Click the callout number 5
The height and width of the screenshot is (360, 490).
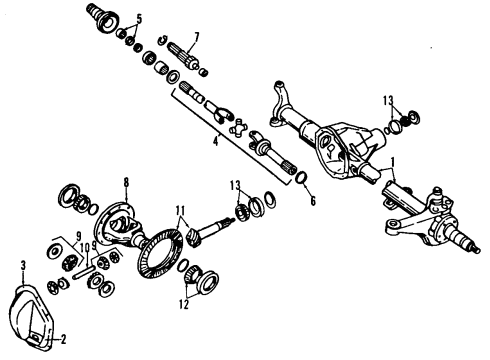[139, 18]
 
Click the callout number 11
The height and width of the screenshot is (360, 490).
[179, 213]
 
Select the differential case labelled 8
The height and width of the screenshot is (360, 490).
[125, 226]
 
